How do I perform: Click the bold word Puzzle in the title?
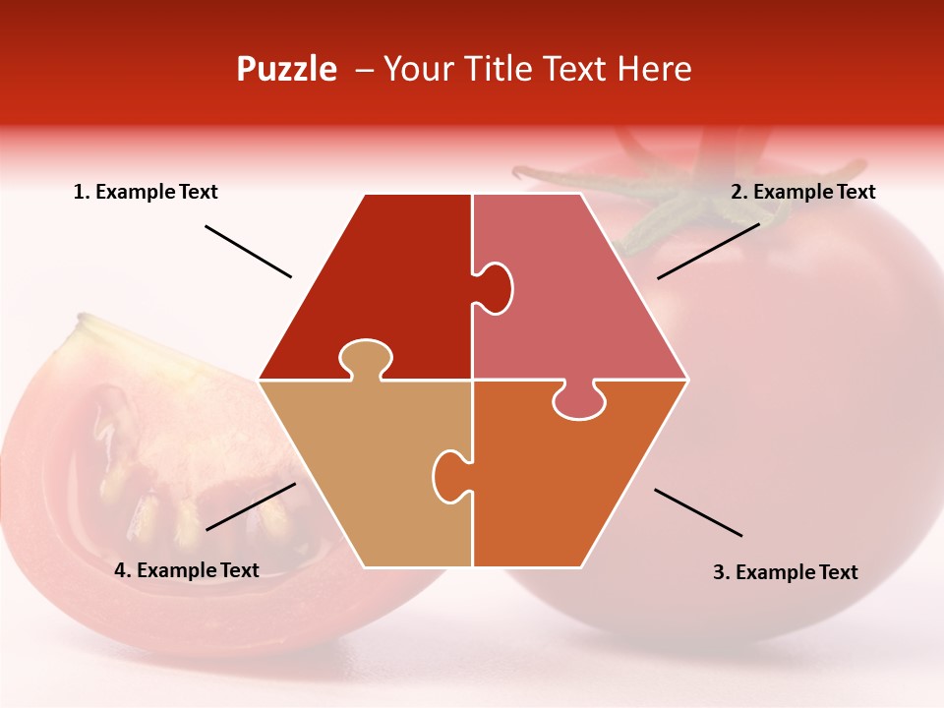[x=286, y=69]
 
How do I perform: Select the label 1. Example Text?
[x=146, y=192]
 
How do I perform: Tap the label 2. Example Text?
[x=802, y=192]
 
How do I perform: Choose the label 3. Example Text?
[x=785, y=572]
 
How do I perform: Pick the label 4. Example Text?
[x=187, y=570]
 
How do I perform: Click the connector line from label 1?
[x=248, y=252]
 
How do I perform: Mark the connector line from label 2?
[x=708, y=251]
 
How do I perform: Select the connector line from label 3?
[x=698, y=512]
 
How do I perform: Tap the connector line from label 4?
[x=251, y=506]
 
